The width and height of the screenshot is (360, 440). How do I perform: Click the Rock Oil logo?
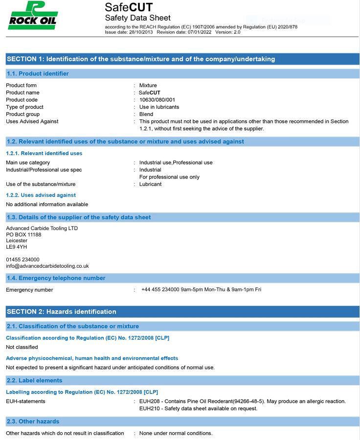pyautogui.click(x=32, y=15)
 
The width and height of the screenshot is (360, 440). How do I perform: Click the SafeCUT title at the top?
pyautogui.click(x=129, y=7)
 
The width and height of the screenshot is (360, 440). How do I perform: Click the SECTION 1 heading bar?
pyautogui.click(x=141, y=59)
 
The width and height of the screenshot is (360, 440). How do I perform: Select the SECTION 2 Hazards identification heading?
pyautogui.click(x=62, y=312)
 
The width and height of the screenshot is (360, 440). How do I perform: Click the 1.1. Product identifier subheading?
pyautogui.click(x=38, y=74)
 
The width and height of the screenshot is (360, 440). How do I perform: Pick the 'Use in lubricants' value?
pyautogui.click(x=159, y=107)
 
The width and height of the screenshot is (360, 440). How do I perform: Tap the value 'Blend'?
pyautogui.click(x=146, y=115)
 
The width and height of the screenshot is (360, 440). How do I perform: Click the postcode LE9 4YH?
pyautogui.click(x=17, y=247)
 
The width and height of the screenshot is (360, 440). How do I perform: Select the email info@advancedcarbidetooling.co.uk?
pyautogui.click(x=47, y=266)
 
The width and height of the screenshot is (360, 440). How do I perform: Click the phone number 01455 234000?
pyautogui.click(x=23, y=259)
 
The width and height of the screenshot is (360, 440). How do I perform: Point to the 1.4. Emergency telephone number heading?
pyautogui.click(x=56, y=278)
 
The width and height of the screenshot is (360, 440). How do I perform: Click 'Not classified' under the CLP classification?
pyautogui.click(x=22, y=347)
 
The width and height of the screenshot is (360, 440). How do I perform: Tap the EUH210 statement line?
pyautogui.click(x=198, y=409)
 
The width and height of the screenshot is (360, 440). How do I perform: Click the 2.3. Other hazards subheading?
pyautogui.click(x=33, y=421)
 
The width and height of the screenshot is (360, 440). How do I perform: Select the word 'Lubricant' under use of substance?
pyautogui.click(x=150, y=185)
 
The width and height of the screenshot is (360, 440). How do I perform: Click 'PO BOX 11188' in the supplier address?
pyautogui.click(x=23, y=235)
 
